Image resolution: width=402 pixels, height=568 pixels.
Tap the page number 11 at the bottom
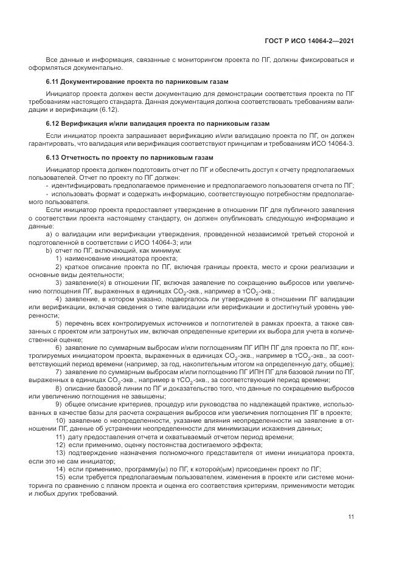point(351,517)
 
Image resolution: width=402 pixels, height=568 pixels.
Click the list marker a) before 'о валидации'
point(49,234)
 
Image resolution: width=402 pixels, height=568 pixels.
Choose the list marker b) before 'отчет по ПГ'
point(49,250)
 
